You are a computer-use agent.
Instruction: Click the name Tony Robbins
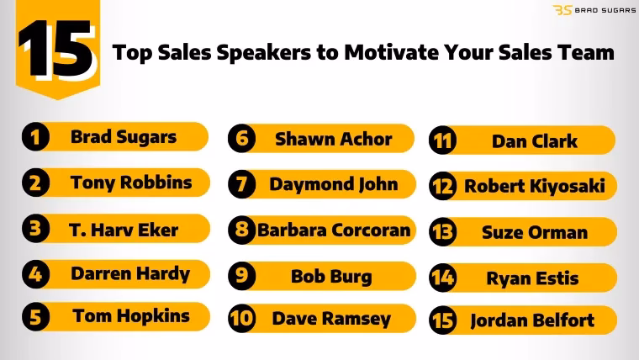(130, 183)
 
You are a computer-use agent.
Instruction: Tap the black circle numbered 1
(34, 137)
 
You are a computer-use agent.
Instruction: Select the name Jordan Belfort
(532, 320)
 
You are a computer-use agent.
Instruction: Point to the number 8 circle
(242, 230)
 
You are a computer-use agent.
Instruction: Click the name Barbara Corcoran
(334, 230)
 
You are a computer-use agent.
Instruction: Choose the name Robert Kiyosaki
(535, 187)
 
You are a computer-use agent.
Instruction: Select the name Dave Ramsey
(331, 319)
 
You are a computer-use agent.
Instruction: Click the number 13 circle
(443, 231)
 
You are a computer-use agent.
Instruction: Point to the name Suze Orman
(534, 231)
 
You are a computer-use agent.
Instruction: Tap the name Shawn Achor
(333, 140)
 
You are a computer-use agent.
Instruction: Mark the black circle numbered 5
(34, 318)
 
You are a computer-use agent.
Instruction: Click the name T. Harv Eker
(124, 229)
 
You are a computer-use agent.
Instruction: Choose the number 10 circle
(242, 319)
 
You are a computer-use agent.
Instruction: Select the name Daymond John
(333, 184)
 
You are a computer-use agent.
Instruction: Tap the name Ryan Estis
(532, 277)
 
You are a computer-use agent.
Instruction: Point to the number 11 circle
(442, 141)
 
